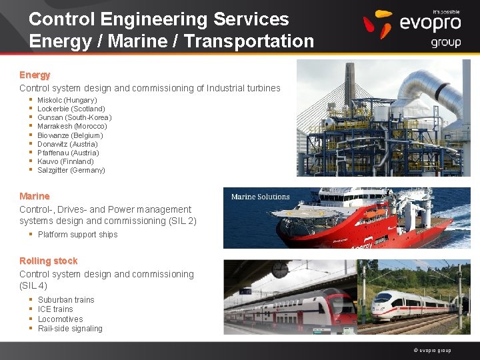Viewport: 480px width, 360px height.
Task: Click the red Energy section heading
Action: (x=35, y=75)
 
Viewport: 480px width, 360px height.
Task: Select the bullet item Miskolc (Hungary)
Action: (x=67, y=100)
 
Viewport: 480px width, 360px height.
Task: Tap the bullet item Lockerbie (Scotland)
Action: (x=71, y=109)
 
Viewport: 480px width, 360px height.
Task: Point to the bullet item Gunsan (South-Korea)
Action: (x=74, y=117)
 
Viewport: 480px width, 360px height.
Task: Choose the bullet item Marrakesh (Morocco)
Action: (x=72, y=126)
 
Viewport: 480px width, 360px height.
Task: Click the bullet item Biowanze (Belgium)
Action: (x=71, y=135)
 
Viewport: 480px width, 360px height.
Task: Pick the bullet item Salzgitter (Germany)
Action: (x=71, y=170)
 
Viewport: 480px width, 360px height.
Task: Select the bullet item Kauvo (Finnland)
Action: (x=65, y=161)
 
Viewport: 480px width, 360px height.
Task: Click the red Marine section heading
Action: (x=35, y=196)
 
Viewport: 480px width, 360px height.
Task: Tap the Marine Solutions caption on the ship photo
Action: (x=260, y=197)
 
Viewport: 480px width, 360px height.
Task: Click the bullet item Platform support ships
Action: (x=77, y=235)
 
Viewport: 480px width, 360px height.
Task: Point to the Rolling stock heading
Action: (x=49, y=261)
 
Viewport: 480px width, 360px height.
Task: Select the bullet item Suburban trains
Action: (x=66, y=300)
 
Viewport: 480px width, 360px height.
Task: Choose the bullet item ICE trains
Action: (x=55, y=309)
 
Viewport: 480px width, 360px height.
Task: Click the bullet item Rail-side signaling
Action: (x=70, y=329)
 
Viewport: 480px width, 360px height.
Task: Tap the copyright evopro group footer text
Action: (x=432, y=351)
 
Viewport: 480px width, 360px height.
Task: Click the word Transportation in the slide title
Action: (x=249, y=41)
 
